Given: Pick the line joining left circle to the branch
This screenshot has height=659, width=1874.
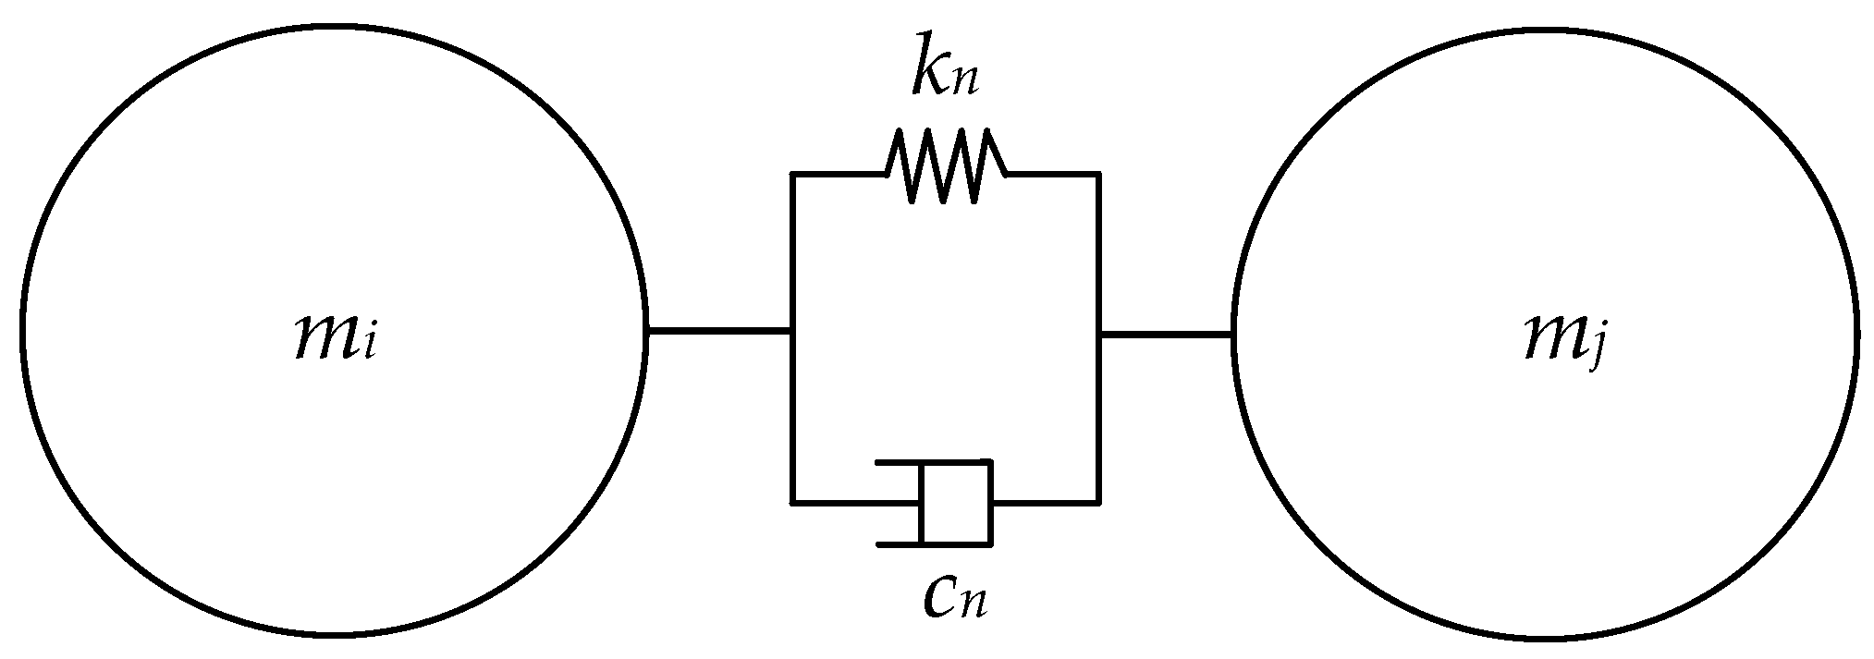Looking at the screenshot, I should click(718, 330).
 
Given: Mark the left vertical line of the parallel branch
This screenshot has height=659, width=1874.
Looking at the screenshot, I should click(792, 337).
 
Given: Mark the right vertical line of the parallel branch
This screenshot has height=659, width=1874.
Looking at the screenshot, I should click(1098, 337).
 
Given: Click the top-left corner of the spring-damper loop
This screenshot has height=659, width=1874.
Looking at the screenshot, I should click(792, 173).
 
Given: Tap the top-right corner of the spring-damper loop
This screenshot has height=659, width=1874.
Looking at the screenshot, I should click(1098, 173).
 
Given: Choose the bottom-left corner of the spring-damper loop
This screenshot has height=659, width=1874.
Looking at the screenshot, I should click(792, 503).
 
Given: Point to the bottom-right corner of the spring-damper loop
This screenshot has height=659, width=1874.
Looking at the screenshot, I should click(1098, 503).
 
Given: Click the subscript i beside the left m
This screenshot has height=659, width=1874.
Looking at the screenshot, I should click(369, 347).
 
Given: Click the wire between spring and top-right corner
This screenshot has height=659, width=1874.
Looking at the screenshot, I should click(1052, 173).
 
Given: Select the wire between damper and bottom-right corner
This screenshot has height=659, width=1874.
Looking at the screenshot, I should click(1045, 503).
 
